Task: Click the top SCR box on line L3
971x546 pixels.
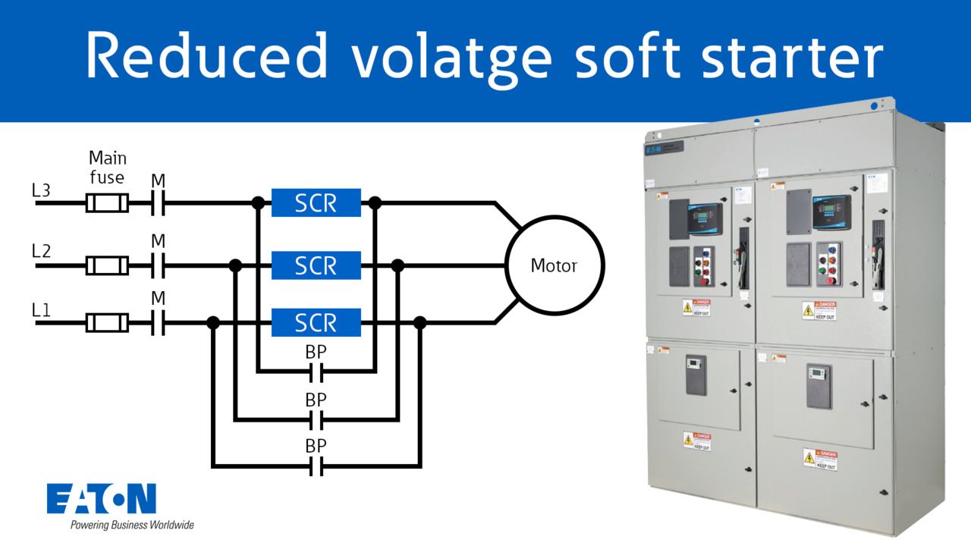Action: click(x=316, y=202)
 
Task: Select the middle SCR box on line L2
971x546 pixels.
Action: click(x=316, y=265)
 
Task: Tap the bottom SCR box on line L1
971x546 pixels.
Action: click(x=316, y=322)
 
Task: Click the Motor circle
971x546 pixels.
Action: click(x=555, y=265)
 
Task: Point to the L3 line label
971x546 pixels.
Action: click(x=41, y=191)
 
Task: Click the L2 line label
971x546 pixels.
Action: click(x=41, y=251)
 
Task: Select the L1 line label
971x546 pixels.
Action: click(x=41, y=309)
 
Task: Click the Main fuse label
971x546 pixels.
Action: click(x=108, y=168)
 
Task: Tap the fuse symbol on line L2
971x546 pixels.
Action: click(x=107, y=265)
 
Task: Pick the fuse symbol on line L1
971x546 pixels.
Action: click(x=107, y=323)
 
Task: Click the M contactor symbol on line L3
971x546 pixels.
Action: click(x=158, y=203)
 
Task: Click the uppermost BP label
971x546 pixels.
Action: click(x=316, y=352)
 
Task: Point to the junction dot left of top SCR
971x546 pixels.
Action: click(x=258, y=203)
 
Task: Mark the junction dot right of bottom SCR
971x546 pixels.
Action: click(x=420, y=323)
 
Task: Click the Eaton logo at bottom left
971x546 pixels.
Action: click(x=102, y=498)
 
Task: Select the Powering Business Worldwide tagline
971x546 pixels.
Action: click(x=132, y=525)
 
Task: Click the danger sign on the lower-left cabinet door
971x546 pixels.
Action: click(x=696, y=441)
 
